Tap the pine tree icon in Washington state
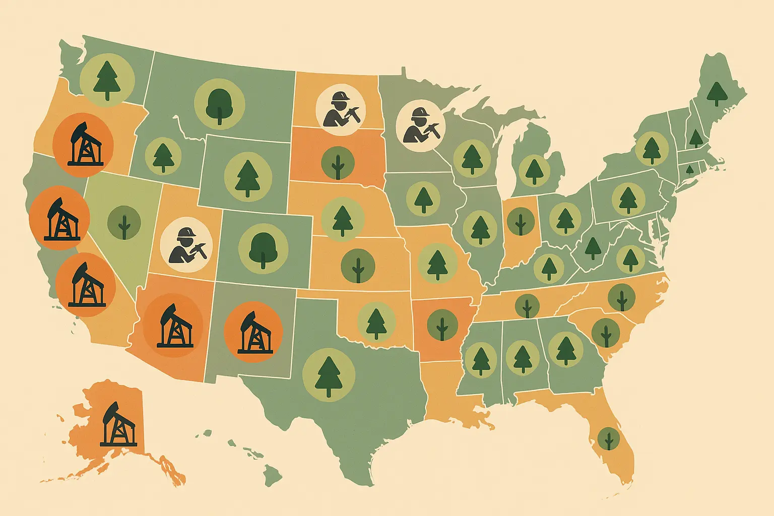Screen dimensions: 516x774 [x=107, y=80]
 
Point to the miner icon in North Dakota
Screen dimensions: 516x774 [x=342, y=109]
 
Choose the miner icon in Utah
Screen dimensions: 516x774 [x=186, y=246]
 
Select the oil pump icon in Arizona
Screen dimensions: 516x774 [x=173, y=326]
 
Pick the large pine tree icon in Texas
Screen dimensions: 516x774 [x=329, y=375]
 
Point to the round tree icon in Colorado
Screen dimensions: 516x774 [x=263, y=249]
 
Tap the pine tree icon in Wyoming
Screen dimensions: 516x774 [x=247, y=178]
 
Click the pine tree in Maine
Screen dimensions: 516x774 [x=716, y=94]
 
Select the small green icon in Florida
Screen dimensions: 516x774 [x=609, y=439]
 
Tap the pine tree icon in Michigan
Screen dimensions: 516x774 [x=534, y=170]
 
